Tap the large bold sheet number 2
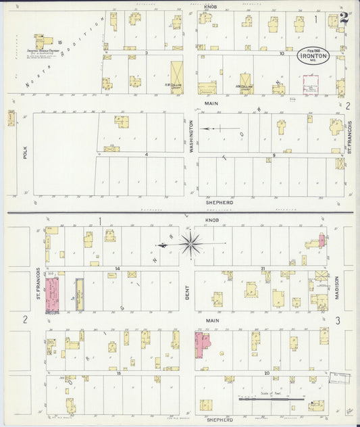coord(344,18)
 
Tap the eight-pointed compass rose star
coord(191,243)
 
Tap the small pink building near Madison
coord(322,241)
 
